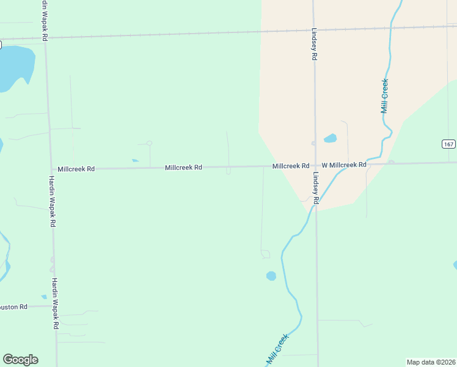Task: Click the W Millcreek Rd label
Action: [344, 165]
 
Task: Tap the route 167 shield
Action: [449, 144]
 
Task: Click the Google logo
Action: [20, 360]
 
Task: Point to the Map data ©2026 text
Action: [431, 362]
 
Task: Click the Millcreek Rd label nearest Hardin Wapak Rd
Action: [76, 168]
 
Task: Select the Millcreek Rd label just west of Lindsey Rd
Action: [291, 166]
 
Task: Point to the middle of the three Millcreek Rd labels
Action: [183, 167]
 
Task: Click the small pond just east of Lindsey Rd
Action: [330, 138]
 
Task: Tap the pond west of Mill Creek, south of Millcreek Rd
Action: [271, 276]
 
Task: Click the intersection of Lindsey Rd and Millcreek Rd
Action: [315, 165]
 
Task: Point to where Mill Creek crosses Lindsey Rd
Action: [316, 206]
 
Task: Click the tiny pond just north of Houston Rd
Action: [44, 297]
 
